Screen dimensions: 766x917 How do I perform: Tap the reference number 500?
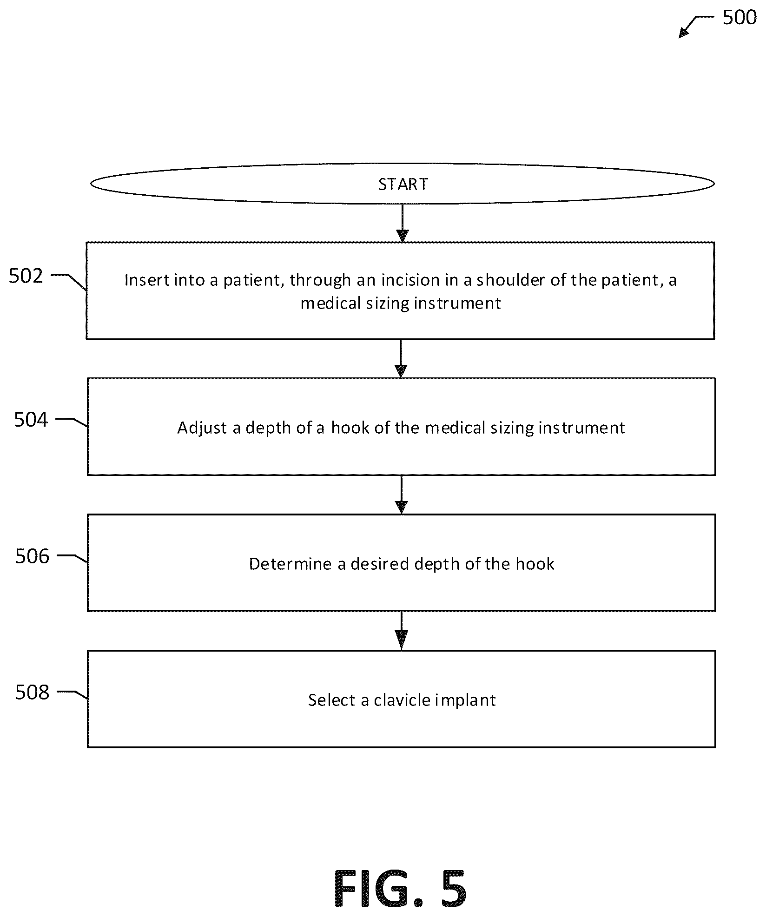tap(740, 18)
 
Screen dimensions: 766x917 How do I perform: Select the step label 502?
tap(26, 276)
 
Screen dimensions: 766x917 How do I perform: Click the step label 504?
tap(31, 420)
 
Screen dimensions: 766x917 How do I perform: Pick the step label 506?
tap(32, 556)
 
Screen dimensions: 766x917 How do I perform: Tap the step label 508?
tap(32, 692)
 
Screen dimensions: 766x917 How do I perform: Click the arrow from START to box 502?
tap(403, 223)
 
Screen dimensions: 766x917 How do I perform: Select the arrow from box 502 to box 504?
tap(401, 358)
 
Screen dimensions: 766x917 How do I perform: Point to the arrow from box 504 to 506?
tap(401, 495)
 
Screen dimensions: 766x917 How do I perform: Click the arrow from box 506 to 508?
tap(401, 631)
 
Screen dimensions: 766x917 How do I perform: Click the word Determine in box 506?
tap(291, 564)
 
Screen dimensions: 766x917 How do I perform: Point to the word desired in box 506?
tap(380, 564)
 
